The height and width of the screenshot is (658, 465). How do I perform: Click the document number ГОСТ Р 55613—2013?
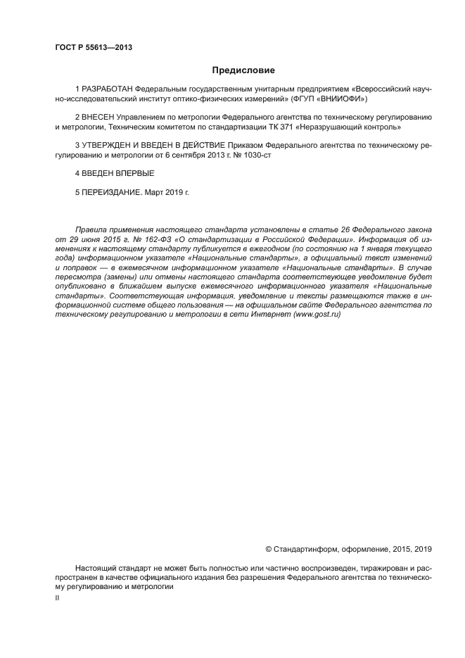[x=94, y=48]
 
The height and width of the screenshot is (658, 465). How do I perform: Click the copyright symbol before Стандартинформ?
[x=268, y=548]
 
